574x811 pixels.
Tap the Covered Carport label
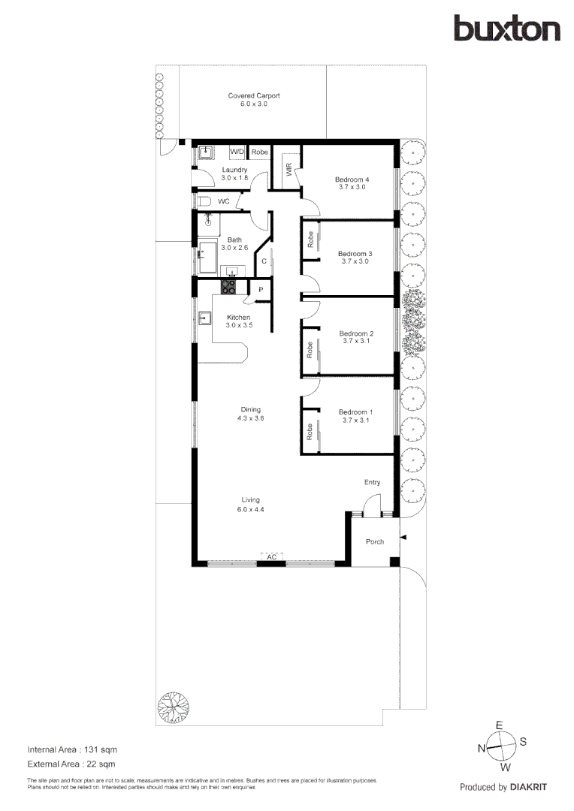tap(254, 96)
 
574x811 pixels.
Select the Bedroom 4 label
tap(352, 179)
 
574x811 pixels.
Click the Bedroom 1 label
tap(355, 412)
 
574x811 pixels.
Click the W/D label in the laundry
tap(237, 152)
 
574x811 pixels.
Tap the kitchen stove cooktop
tap(228, 286)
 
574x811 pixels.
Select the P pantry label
tap(261, 290)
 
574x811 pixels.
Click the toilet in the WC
tap(205, 201)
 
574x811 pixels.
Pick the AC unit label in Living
tap(271, 557)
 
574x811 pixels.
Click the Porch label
tap(374, 541)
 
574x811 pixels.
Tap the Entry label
tap(373, 482)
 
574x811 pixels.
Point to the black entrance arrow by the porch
tap(403, 538)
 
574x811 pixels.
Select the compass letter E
tap(499, 726)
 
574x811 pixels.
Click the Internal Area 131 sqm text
tap(72, 749)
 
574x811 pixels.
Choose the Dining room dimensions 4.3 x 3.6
tap(250, 418)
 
